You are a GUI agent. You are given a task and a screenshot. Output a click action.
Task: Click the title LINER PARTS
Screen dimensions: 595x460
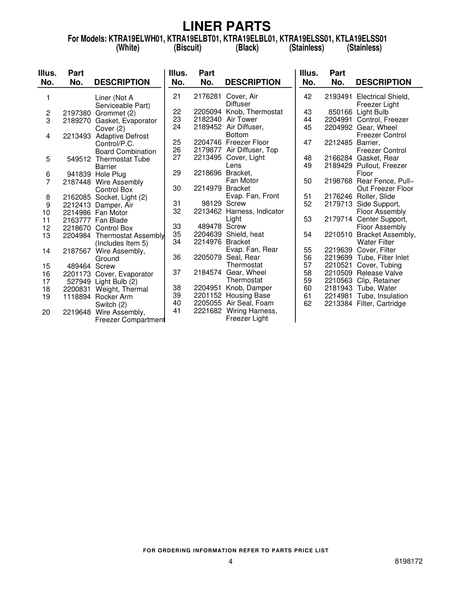[227, 26]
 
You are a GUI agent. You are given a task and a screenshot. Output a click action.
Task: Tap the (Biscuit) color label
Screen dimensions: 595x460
[187, 48]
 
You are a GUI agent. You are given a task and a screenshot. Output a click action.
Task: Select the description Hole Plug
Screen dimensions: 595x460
[110, 174]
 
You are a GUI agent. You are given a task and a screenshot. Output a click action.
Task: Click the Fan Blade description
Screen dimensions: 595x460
[111, 220]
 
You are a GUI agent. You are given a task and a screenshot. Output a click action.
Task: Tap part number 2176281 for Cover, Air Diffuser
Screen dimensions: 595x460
[208, 97]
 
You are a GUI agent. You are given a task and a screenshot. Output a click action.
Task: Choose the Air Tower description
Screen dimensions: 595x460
[241, 120]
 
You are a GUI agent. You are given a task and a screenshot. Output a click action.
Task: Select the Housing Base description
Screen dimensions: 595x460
[248, 296]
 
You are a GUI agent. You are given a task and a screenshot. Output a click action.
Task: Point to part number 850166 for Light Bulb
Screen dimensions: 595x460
[340, 112]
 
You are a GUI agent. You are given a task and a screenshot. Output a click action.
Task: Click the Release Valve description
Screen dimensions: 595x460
[379, 273]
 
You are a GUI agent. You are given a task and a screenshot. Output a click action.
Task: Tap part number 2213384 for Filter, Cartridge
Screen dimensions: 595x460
[338, 304]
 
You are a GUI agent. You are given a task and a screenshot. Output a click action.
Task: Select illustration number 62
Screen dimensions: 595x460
[307, 304]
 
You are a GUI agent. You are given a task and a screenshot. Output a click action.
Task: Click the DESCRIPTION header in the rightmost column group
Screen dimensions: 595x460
[383, 82]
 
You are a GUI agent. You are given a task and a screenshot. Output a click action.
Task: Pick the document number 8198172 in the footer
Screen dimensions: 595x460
[409, 561]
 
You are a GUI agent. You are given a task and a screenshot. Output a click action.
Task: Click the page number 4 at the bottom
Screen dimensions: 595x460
[230, 561]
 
